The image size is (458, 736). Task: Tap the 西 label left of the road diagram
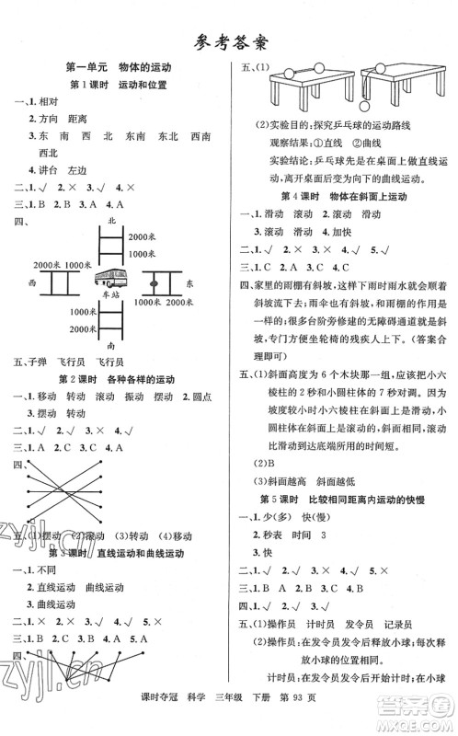point(31,283)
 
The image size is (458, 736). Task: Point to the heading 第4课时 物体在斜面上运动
point(343,195)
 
